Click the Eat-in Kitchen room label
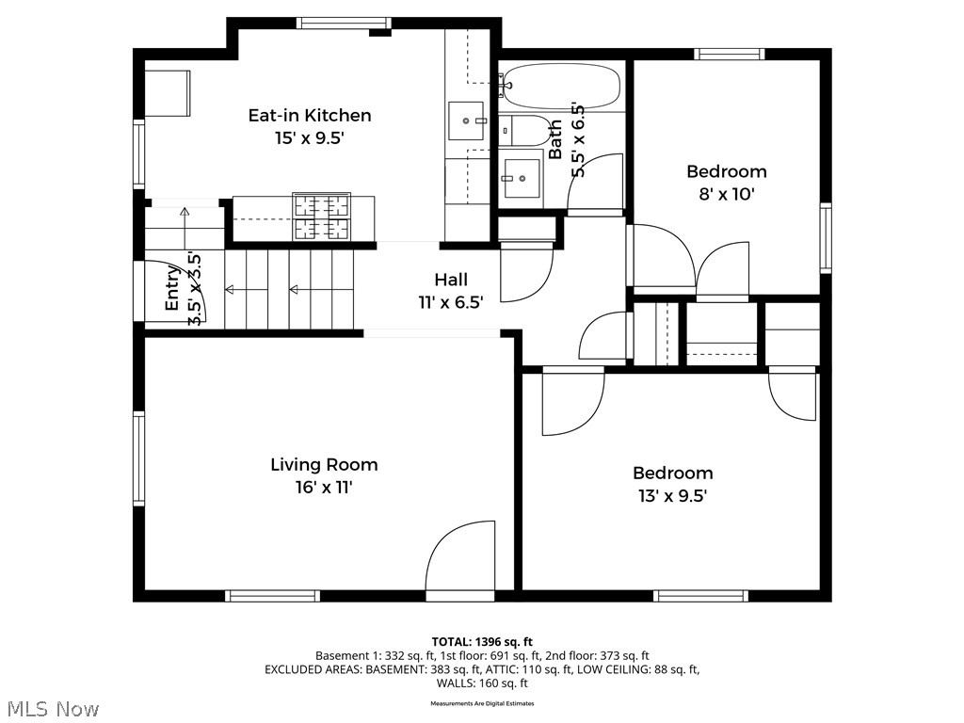tap(309, 116)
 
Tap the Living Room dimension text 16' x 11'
tap(324, 488)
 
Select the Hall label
tap(450, 280)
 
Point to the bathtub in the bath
tap(559, 87)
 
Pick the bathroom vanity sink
tap(521, 176)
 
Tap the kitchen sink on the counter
tap(467, 120)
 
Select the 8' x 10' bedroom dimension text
tap(726, 195)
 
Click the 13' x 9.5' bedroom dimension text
tap(672, 496)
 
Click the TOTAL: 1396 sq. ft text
tap(482, 642)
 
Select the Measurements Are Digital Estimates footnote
tap(482, 703)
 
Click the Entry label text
tap(172, 289)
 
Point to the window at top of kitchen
tap(332, 24)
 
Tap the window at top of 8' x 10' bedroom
tap(730, 54)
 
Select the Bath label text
tap(555, 138)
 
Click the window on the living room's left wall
tap(138, 458)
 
